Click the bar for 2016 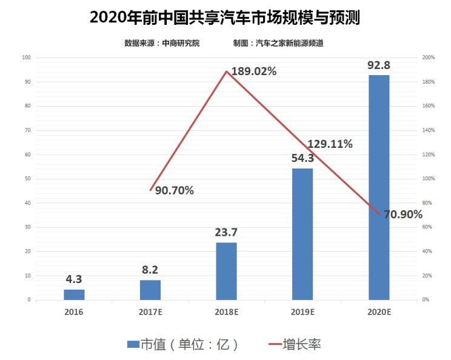pyautogui.click(x=74, y=294)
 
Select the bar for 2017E pyautogui.click(x=150, y=290)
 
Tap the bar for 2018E pyautogui.click(x=226, y=271)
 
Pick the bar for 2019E pyautogui.click(x=302, y=233)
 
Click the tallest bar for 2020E pyautogui.click(x=379, y=187)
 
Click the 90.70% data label pyautogui.click(x=174, y=191)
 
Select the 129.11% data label pyautogui.click(x=330, y=144)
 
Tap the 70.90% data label pyautogui.click(x=403, y=215)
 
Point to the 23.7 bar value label pyautogui.click(x=226, y=232)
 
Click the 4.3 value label pyautogui.click(x=74, y=280)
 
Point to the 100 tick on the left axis pyautogui.click(x=26, y=58)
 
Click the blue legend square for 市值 pyautogui.click(x=133, y=345)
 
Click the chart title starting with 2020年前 pyautogui.click(x=225, y=17)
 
